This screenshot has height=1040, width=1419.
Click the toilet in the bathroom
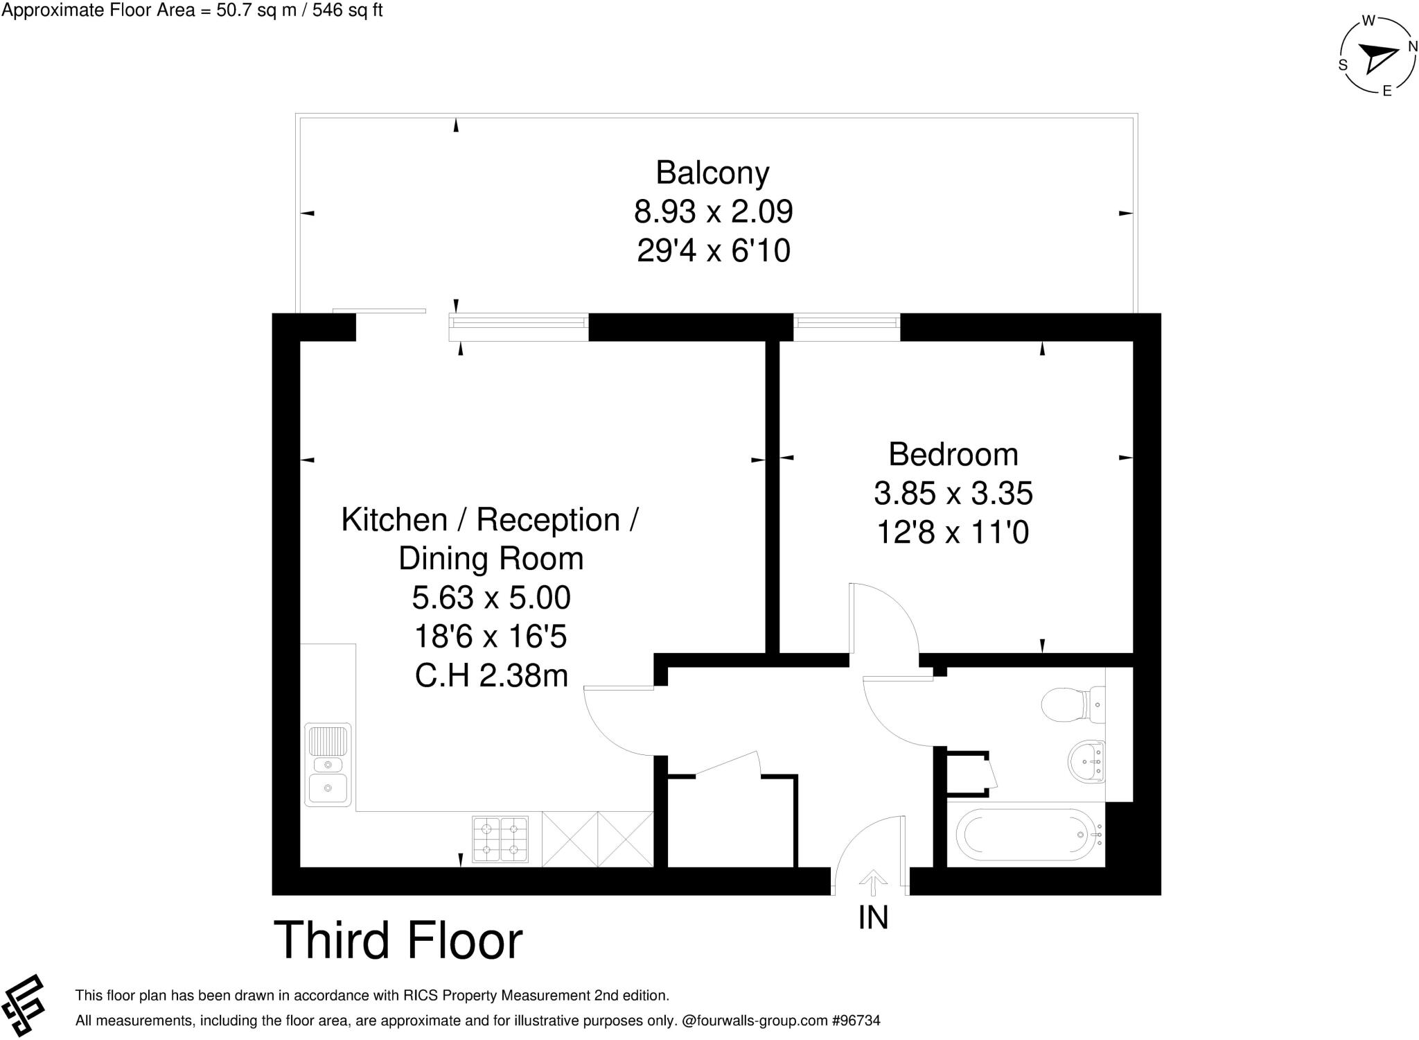click(x=1070, y=704)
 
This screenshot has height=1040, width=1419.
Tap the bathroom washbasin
click(x=1087, y=761)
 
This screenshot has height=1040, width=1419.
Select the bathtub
click(x=1028, y=835)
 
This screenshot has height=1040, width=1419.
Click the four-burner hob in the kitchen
click(x=500, y=840)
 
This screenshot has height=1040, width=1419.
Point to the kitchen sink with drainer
click(x=328, y=765)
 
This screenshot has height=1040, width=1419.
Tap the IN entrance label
click(x=873, y=918)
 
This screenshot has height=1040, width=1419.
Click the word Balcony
click(x=712, y=173)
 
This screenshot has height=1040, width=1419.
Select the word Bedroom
click(x=953, y=455)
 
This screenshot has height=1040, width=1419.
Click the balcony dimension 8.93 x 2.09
click(x=713, y=211)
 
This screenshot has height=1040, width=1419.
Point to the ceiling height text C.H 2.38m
click(x=491, y=675)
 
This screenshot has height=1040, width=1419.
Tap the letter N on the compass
click(x=1412, y=47)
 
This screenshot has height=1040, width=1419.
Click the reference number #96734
click(x=856, y=1021)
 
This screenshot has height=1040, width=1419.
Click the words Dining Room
click(x=491, y=559)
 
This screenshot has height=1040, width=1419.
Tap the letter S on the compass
click(x=1343, y=65)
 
